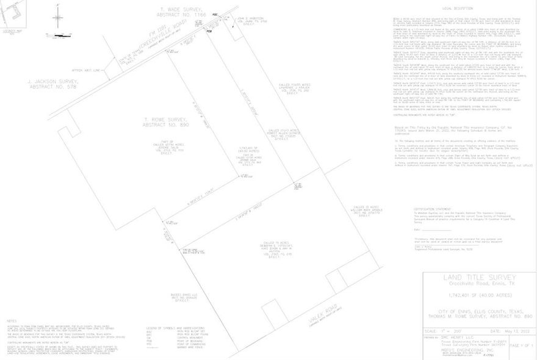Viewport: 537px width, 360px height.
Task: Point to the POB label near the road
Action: (209, 29)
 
